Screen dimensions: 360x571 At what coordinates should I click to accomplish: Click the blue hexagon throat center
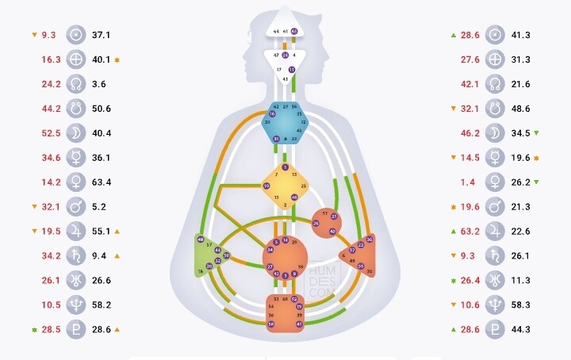coord(286,122)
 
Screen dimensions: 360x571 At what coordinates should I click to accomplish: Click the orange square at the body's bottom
coord(285,312)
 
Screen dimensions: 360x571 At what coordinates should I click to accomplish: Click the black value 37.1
coord(101,35)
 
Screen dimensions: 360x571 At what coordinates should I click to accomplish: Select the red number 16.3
coord(52,59)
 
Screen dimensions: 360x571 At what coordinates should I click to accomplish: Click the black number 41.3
coord(521,35)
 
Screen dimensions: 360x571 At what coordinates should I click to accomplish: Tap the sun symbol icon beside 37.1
coord(76,35)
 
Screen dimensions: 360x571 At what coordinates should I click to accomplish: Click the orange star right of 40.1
coord(117,59)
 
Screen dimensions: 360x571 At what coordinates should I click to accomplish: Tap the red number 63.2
coord(471,231)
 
